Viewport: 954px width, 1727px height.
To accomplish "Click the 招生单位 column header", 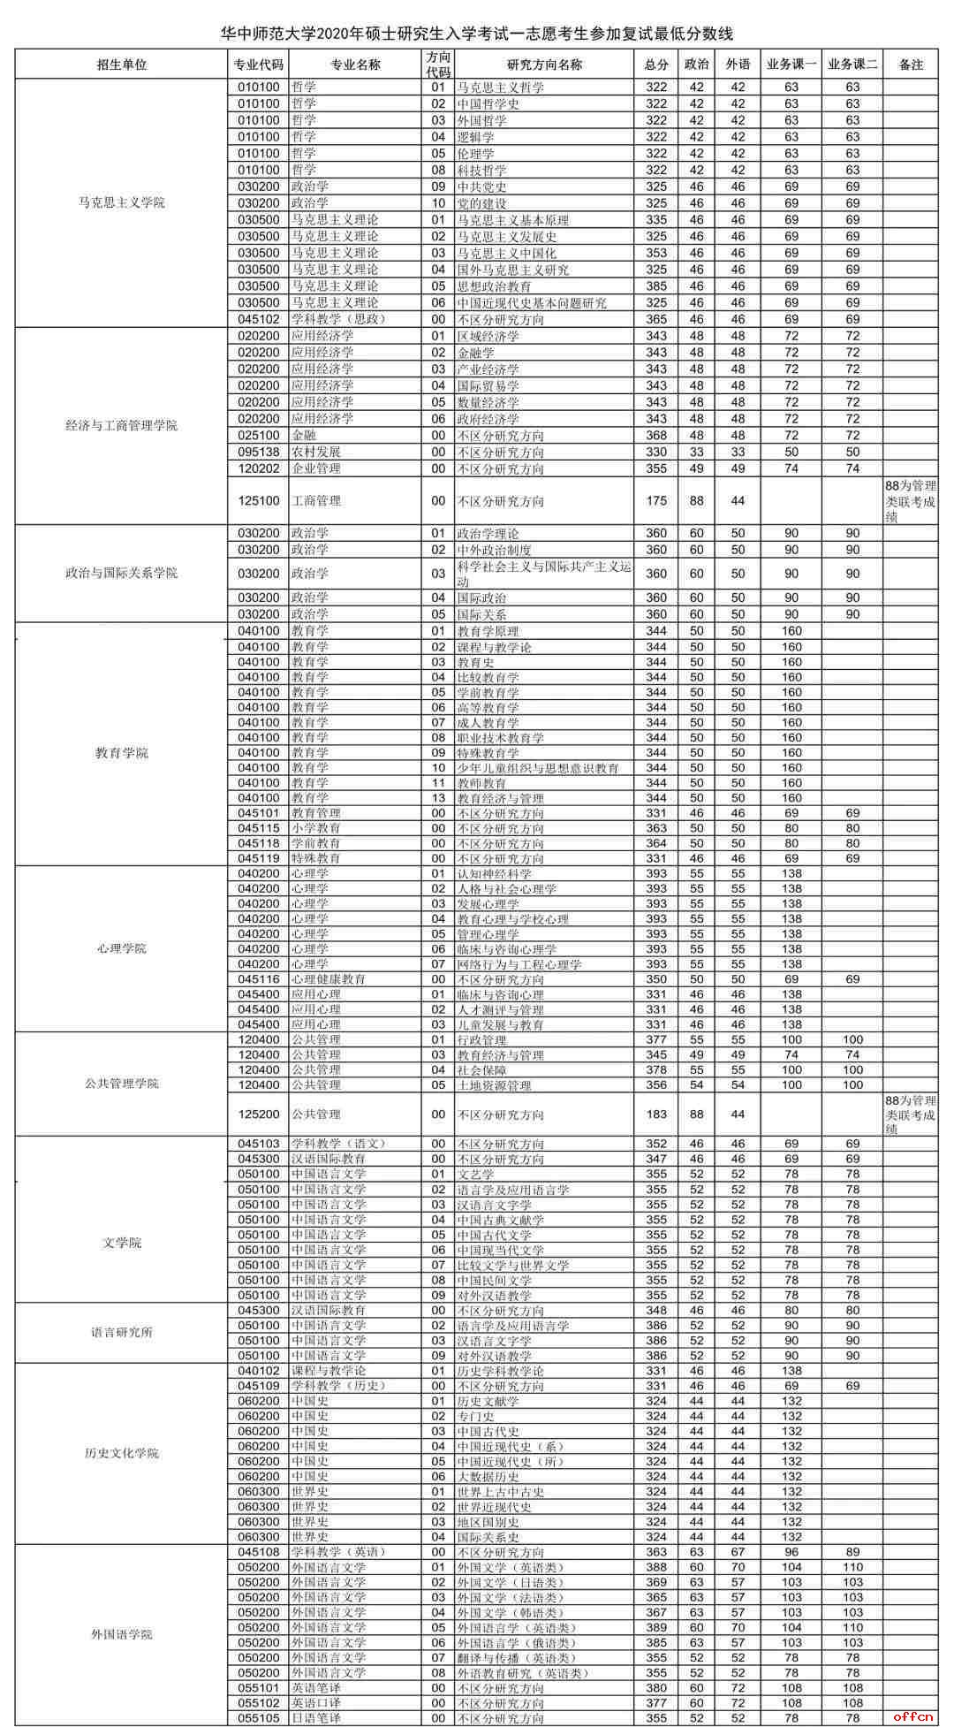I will tap(122, 65).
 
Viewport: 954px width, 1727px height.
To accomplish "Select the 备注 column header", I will tap(910, 65).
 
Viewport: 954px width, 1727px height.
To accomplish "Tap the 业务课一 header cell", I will tap(791, 65).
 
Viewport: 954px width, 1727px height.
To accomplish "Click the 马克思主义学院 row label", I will tap(122, 202).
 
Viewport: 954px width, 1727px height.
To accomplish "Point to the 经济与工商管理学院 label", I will tap(122, 425).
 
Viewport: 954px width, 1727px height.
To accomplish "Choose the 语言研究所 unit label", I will tap(122, 1332).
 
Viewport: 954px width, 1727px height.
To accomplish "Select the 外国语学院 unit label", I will tap(122, 1634).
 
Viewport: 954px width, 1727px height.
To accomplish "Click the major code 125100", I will tap(258, 501).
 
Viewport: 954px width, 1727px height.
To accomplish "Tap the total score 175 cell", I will tap(656, 501).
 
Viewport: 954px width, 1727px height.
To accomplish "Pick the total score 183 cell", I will tap(656, 1115).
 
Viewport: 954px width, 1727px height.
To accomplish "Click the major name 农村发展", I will tap(316, 452).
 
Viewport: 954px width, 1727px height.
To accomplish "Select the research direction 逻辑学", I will tap(475, 137).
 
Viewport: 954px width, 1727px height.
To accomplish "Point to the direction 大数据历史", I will tap(488, 1476).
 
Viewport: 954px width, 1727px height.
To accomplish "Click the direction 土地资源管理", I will tap(494, 1084).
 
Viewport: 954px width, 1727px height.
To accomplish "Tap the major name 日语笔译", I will tap(316, 1718).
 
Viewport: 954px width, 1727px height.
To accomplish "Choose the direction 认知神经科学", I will tap(494, 874).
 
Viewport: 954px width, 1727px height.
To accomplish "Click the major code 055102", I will tap(258, 1703).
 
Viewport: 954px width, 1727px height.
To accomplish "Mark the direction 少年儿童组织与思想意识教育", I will tap(537, 768).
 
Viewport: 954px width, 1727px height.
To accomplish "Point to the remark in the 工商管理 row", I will tap(910, 501).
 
